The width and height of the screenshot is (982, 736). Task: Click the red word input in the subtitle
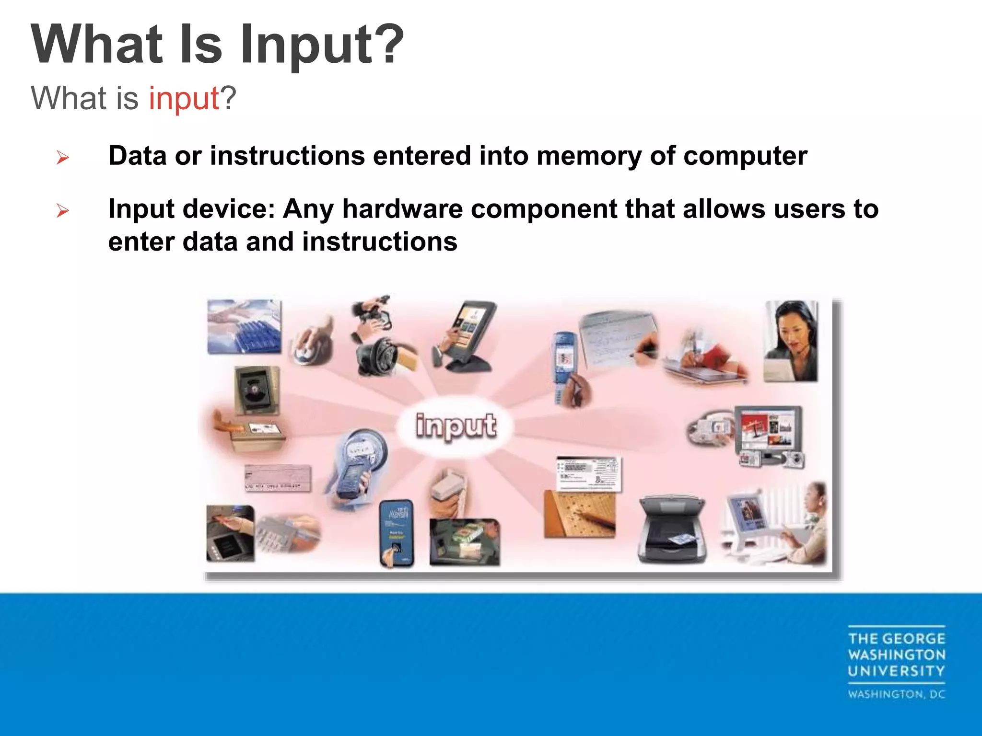click(184, 99)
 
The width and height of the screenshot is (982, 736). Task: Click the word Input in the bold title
click(307, 46)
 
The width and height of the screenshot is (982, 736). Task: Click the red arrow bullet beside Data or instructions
click(63, 157)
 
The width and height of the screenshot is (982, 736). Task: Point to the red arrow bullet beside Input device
click(63, 210)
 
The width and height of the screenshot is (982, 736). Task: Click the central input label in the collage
click(455, 425)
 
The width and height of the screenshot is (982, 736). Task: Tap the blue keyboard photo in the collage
click(245, 327)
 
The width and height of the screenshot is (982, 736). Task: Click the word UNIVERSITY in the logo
click(896, 671)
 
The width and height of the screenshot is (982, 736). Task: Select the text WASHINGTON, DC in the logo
click(896, 694)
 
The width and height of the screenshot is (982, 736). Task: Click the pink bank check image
click(277, 478)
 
